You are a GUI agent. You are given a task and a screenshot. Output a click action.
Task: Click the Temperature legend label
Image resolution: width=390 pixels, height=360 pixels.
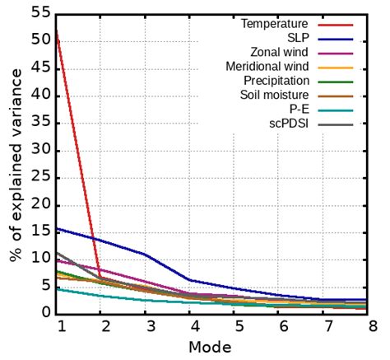point(274,24)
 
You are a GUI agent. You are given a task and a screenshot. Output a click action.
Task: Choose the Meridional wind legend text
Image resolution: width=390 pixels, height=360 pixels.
point(267,66)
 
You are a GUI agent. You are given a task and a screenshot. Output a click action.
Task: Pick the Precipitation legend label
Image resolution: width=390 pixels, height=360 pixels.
point(276,81)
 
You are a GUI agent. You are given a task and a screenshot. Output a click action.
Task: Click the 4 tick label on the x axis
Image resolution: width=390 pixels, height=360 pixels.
point(192,326)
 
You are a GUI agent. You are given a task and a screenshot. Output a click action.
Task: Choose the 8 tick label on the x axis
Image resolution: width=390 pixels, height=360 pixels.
point(373,326)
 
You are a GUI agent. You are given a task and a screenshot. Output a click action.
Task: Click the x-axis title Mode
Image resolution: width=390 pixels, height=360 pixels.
point(214,348)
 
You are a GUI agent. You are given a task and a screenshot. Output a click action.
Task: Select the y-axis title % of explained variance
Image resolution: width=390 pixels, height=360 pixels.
point(15,165)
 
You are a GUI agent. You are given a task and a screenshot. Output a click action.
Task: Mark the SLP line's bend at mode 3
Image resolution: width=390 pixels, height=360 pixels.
point(146,255)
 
